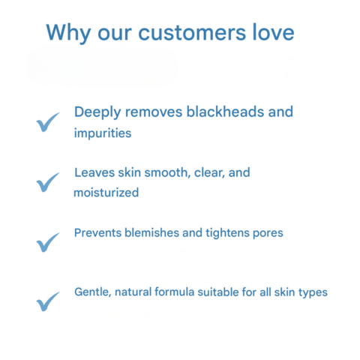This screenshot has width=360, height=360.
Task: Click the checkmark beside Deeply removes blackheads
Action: [48, 122]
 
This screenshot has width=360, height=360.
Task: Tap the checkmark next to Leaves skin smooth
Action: [48, 181]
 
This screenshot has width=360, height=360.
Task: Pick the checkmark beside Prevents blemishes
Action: [48, 241]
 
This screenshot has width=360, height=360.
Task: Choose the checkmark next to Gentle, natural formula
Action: [48, 301]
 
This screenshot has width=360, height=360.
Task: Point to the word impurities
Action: [103, 133]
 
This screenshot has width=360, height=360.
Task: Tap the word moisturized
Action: [106, 193]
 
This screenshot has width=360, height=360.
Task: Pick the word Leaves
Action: [91, 172]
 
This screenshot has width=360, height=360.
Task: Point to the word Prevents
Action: [97, 232]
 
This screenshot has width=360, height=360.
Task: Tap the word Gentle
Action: [92, 292]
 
